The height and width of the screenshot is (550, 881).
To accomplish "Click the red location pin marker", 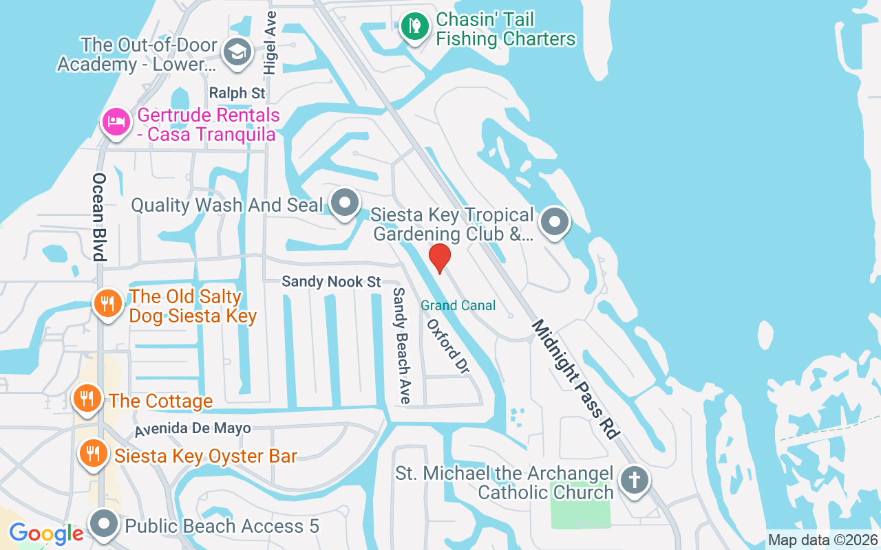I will click(439, 258).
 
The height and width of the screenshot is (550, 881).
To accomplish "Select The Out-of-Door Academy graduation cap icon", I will click(238, 52).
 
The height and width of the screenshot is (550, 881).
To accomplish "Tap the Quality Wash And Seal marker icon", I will click(345, 203).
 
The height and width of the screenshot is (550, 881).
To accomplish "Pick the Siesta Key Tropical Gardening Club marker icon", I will click(554, 223).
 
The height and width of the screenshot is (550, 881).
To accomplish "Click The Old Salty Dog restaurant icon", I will click(107, 303).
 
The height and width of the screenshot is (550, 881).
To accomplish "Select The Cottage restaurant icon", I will click(87, 398).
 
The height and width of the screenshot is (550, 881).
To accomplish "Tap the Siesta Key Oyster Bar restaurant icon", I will click(92, 453).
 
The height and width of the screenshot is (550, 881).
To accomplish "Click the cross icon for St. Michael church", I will click(633, 480).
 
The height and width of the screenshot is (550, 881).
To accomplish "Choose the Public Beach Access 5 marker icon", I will click(105, 525).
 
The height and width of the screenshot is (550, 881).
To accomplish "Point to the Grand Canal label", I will click(458, 305).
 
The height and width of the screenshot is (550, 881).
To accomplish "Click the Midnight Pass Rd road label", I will click(575, 378).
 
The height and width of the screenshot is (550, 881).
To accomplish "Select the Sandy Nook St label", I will click(331, 282).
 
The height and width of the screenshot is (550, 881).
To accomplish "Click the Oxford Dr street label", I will click(448, 346).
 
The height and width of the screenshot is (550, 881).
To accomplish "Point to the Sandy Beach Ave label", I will click(401, 345).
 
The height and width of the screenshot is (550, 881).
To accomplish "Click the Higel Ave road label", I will click(270, 43).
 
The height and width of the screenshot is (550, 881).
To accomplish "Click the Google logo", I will click(46, 533).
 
